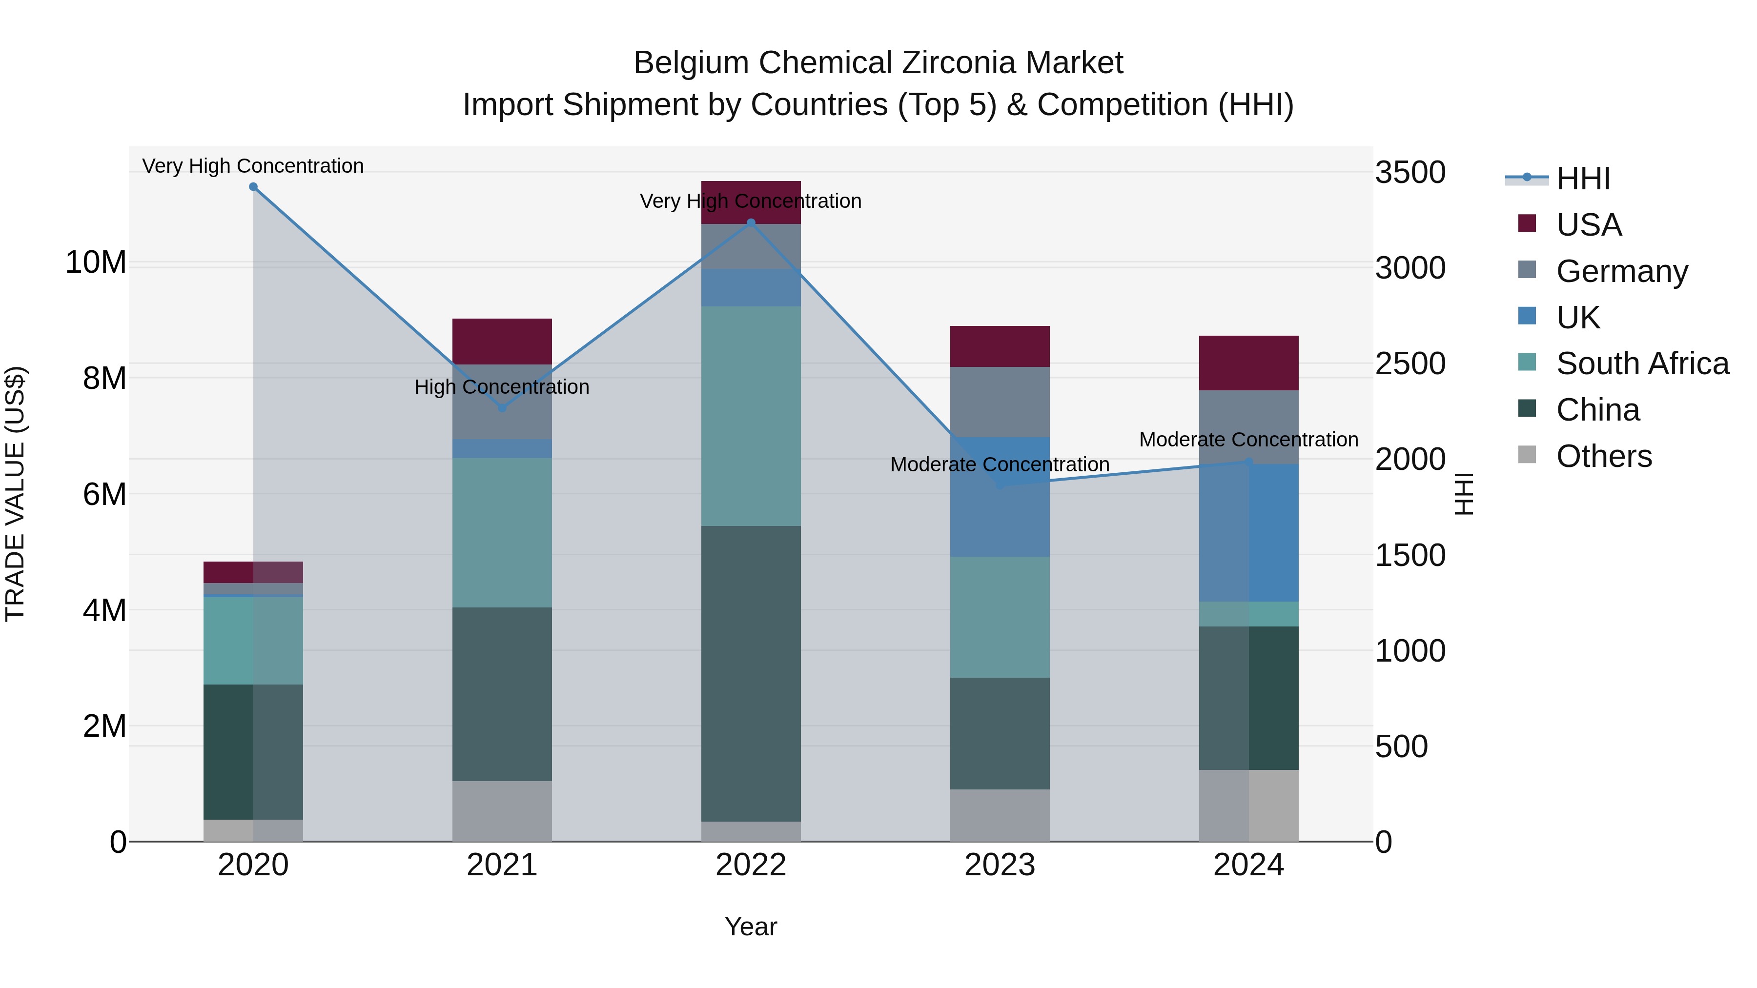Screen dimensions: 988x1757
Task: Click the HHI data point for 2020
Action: (253, 187)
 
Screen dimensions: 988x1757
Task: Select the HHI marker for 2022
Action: (751, 223)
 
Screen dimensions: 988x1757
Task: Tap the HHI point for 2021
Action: (502, 408)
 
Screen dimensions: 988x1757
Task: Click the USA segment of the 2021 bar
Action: (502, 341)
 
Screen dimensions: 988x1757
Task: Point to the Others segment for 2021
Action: (502, 811)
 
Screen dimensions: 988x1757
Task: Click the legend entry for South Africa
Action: (1642, 363)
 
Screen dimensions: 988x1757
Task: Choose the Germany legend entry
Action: (1622, 271)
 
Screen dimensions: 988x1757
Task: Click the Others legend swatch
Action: (1527, 455)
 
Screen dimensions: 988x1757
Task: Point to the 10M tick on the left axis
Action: (96, 262)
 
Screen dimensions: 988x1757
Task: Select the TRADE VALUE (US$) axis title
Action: (15, 494)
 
